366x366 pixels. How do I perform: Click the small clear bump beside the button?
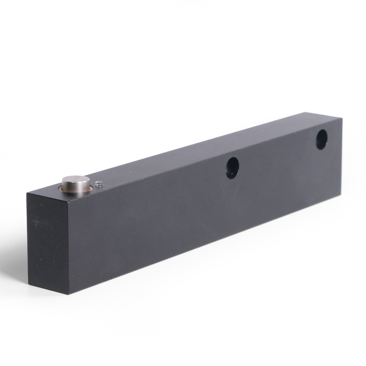pos(99,183)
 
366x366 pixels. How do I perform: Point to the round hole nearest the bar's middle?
pos(232,167)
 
